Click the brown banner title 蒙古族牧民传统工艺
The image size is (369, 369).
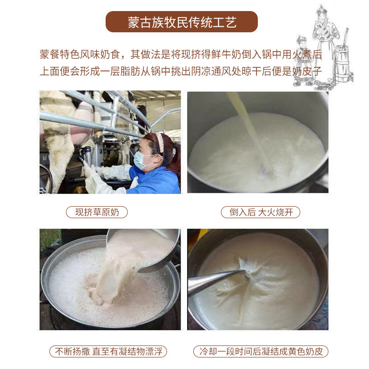click(x=182, y=22)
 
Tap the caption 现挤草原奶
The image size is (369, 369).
click(x=97, y=212)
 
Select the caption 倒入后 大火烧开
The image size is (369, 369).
click(x=261, y=212)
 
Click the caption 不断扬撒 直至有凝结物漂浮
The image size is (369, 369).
click(x=108, y=351)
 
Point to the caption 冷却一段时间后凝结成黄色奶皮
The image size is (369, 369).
click(x=261, y=351)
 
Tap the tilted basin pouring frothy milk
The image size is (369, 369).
click(x=143, y=250)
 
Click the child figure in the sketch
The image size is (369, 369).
click(x=304, y=62)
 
